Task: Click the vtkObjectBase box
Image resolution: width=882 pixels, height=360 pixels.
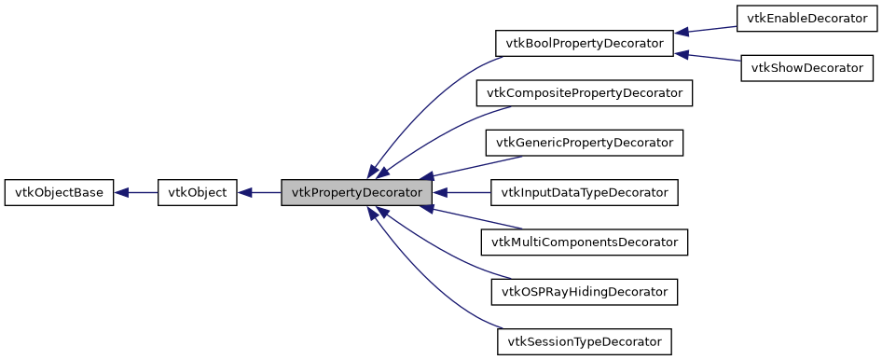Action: [60, 193]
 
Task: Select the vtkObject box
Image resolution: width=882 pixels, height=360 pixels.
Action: [198, 193]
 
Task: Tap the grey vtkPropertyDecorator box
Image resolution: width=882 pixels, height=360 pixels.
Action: [357, 193]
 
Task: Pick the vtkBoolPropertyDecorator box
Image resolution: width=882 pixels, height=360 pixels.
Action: [585, 43]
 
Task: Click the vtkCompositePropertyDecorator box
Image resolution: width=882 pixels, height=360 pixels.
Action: [585, 93]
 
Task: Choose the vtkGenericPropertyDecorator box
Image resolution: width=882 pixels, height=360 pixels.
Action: [585, 143]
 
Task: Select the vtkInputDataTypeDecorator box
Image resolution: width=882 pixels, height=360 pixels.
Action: [585, 193]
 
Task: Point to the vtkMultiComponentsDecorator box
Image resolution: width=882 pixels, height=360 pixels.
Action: [585, 242]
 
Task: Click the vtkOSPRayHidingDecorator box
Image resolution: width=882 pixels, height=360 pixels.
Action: [585, 292]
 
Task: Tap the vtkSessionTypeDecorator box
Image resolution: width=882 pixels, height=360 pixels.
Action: [585, 342]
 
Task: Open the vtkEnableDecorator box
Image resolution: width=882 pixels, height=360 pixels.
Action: [807, 18]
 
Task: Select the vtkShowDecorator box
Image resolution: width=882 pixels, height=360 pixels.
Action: [807, 68]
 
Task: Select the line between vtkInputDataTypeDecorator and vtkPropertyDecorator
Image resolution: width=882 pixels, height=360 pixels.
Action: [462, 193]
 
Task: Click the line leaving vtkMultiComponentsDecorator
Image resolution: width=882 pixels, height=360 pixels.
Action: [475, 218]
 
